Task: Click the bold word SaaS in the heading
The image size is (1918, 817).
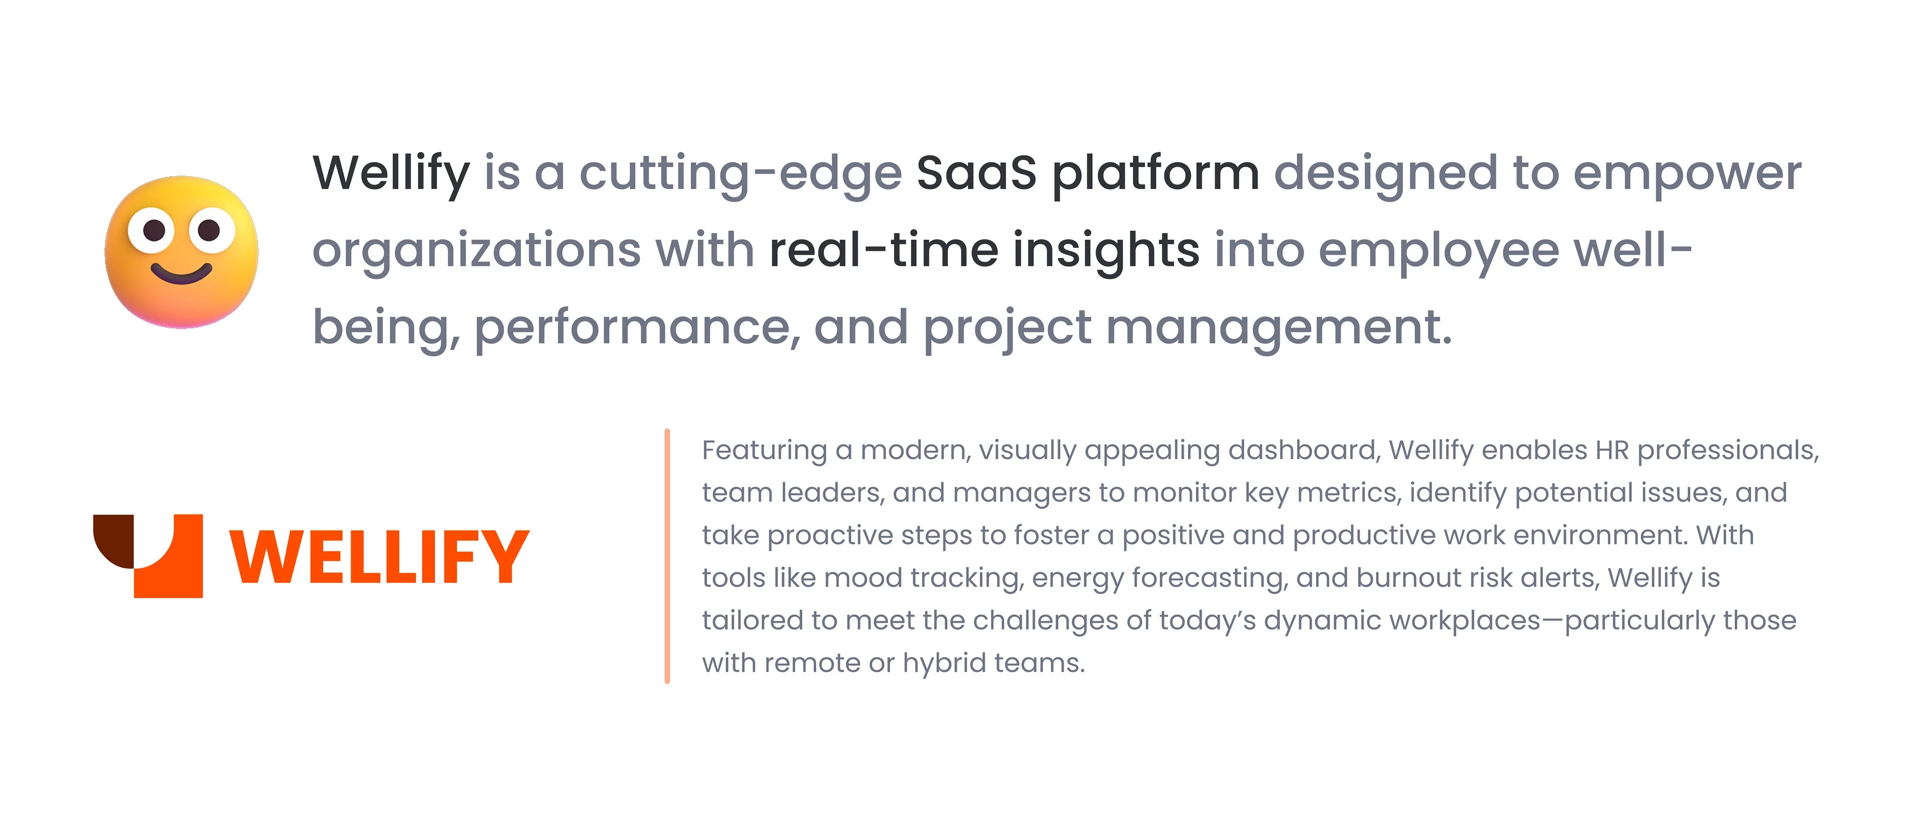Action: tap(976, 173)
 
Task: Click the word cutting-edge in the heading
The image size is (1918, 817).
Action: tap(741, 176)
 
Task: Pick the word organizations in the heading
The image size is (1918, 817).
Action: tap(477, 252)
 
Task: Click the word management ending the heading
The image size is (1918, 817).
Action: tap(1279, 329)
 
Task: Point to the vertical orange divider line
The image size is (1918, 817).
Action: tap(667, 556)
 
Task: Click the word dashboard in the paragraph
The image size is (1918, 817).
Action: tap(1305, 450)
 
